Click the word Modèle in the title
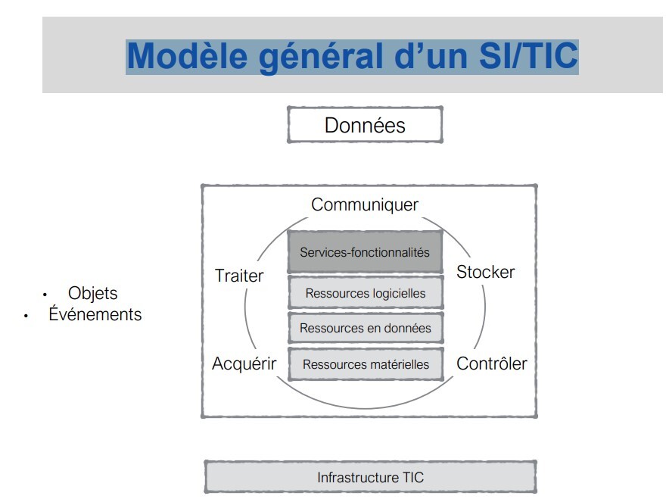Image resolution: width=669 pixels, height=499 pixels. (188, 56)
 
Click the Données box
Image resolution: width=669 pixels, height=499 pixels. (365, 125)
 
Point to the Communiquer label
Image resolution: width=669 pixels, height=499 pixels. (365, 204)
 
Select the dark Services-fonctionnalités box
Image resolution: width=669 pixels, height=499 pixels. (365, 252)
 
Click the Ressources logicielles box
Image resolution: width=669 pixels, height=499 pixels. (365, 293)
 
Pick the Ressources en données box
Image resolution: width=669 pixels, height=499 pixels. (365, 329)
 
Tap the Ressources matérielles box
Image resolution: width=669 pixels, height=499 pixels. (365, 364)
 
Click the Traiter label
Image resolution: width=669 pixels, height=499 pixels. (239, 276)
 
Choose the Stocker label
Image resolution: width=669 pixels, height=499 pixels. (485, 272)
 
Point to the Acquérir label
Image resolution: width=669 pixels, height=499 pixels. (244, 363)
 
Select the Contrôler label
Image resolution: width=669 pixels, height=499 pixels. (492, 363)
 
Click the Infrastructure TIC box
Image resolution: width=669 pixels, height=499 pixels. (370, 478)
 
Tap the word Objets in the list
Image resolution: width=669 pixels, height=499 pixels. (93, 293)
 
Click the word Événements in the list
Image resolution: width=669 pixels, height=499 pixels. (95, 313)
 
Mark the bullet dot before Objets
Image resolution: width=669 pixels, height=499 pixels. (45, 295)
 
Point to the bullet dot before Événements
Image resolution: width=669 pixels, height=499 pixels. (25, 315)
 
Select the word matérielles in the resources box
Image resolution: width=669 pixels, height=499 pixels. (397, 364)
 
